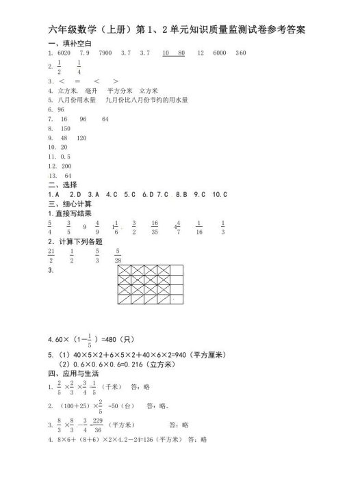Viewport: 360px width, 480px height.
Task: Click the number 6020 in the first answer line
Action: coord(65,53)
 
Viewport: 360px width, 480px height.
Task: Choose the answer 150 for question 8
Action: coord(66,128)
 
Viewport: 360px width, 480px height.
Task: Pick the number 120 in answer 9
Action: coord(81,137)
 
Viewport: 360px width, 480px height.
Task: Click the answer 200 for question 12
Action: coord(66,166)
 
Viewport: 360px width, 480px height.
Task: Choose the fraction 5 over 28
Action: coord(118,256)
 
